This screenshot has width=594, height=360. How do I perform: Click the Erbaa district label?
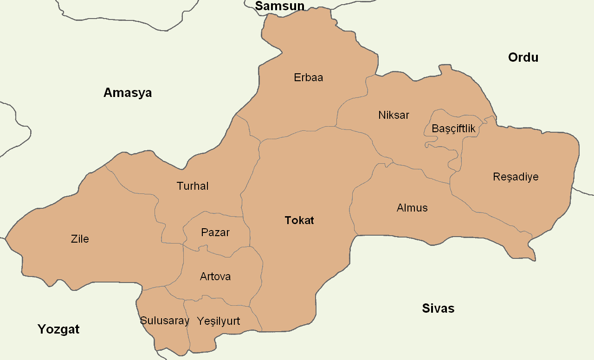click(x=308, y=77)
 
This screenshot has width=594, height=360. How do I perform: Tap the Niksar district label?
click(x=394, y=115)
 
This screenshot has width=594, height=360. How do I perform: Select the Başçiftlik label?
click(x=453, y=129)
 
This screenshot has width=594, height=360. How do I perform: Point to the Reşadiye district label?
click(x=516, y=177)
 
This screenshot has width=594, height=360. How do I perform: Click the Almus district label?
click(x=412, y=208)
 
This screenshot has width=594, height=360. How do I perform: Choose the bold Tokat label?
click(x=299, y=220)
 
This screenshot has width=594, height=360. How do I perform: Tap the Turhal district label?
click(x=193, y=186)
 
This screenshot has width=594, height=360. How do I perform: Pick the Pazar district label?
click(x=215, y=232)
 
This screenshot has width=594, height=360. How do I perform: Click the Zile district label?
click(x=80, y=239)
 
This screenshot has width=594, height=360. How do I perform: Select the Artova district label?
click(x=215, y=276)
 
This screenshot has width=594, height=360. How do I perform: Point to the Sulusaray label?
click(x=165, y=321)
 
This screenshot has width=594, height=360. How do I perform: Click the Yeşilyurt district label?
click(x=219, y=321)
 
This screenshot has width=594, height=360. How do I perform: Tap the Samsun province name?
click(x=280, y=6)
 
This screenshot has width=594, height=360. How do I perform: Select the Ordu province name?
click(x=523, y=58)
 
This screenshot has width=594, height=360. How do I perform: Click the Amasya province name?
click(x=128, y=93)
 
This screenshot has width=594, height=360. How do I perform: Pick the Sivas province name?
click(x=438, y=309)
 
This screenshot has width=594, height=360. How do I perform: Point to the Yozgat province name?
click(x=58, y=329)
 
